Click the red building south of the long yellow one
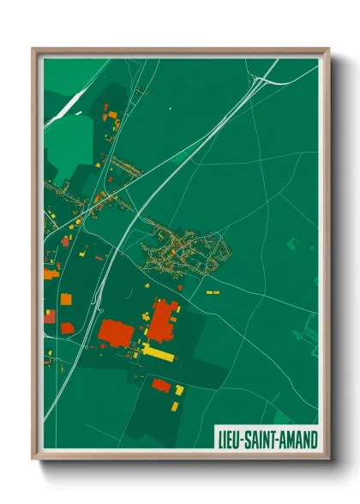point(160,385)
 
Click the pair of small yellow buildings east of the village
point(213,292)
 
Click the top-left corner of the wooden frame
point(33,49)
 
